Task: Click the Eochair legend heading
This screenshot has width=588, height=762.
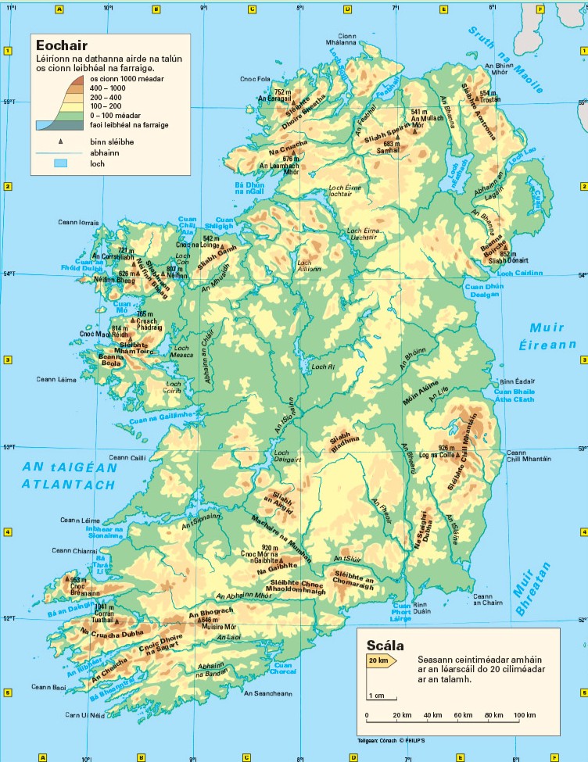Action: (61, 45)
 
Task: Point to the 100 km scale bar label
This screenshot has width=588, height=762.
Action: (525, 715)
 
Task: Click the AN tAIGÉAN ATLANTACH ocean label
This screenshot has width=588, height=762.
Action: (70, 476)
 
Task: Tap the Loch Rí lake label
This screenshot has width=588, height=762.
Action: (323, 367)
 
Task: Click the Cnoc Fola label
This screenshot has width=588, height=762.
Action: (254, 79)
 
